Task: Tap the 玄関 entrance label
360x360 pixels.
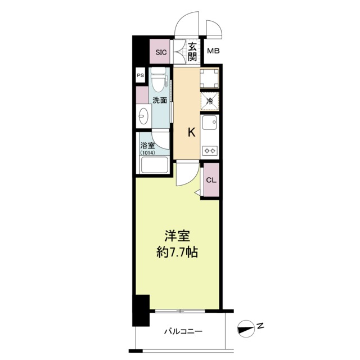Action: [x=192, y=52]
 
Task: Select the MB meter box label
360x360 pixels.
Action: [x=213, y=52]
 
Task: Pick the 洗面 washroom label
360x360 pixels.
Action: [x=159, y=101]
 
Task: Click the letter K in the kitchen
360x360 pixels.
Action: [x=191, y=132]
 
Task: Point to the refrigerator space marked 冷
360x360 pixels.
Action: [x=209, y=102]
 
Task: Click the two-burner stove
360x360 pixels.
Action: [x=210, y=151]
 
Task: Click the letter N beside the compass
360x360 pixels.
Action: [x=260, y=325]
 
